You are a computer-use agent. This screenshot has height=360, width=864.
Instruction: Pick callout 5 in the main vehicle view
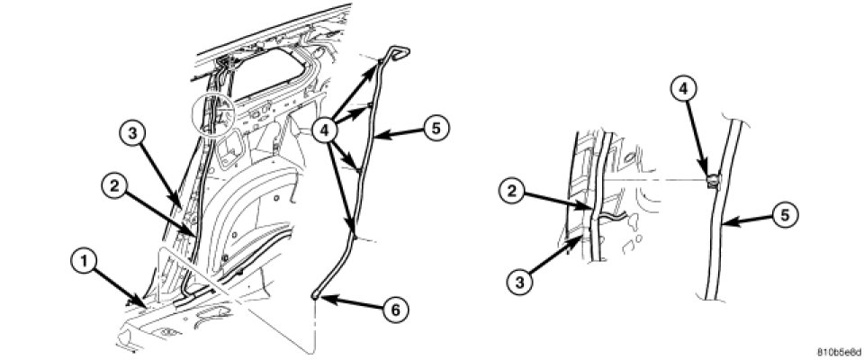click(x=436, y=129)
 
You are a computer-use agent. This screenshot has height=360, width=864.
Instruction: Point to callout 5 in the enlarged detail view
click(x=785, y=215)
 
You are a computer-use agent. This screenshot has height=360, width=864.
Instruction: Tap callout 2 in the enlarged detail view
click(x=512, y=193)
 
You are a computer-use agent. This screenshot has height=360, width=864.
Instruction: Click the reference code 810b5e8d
click(x=839, y=352)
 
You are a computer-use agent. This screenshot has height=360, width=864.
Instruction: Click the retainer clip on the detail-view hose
click(x=713, y=181)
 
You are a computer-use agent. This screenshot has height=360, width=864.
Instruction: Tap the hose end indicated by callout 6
click(x=314, y=296)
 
